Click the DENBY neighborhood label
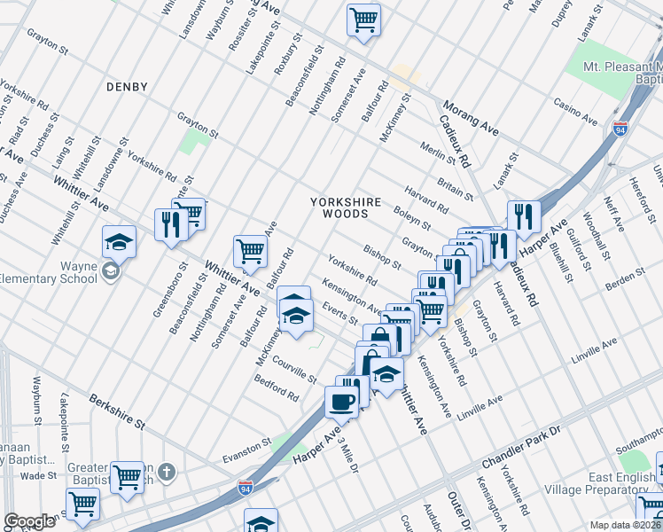click(x=126, y=86)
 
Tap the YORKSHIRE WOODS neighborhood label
click(x=346, y=208)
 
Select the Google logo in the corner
click(x=29, y=521)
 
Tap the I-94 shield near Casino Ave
click(x=620, y=129)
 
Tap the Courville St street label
click(x=293, y=370)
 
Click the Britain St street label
click(x=455, y=187)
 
